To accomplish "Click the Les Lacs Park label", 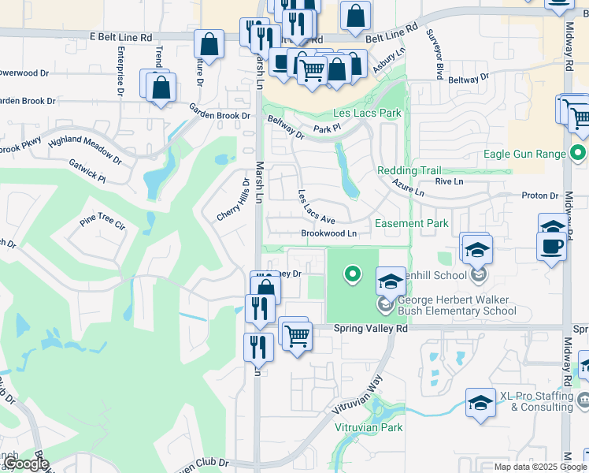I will (367, 113).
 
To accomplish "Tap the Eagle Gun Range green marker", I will (579, 153).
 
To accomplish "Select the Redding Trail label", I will (409, 170).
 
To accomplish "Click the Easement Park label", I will (411, 223).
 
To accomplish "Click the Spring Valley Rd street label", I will (370, 328).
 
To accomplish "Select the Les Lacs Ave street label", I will (317, 206).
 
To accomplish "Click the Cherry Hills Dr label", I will (234, 199).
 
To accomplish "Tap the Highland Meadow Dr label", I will (85, 148).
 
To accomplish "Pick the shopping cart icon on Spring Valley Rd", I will (298, 336).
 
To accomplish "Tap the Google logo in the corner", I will (26, 464).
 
